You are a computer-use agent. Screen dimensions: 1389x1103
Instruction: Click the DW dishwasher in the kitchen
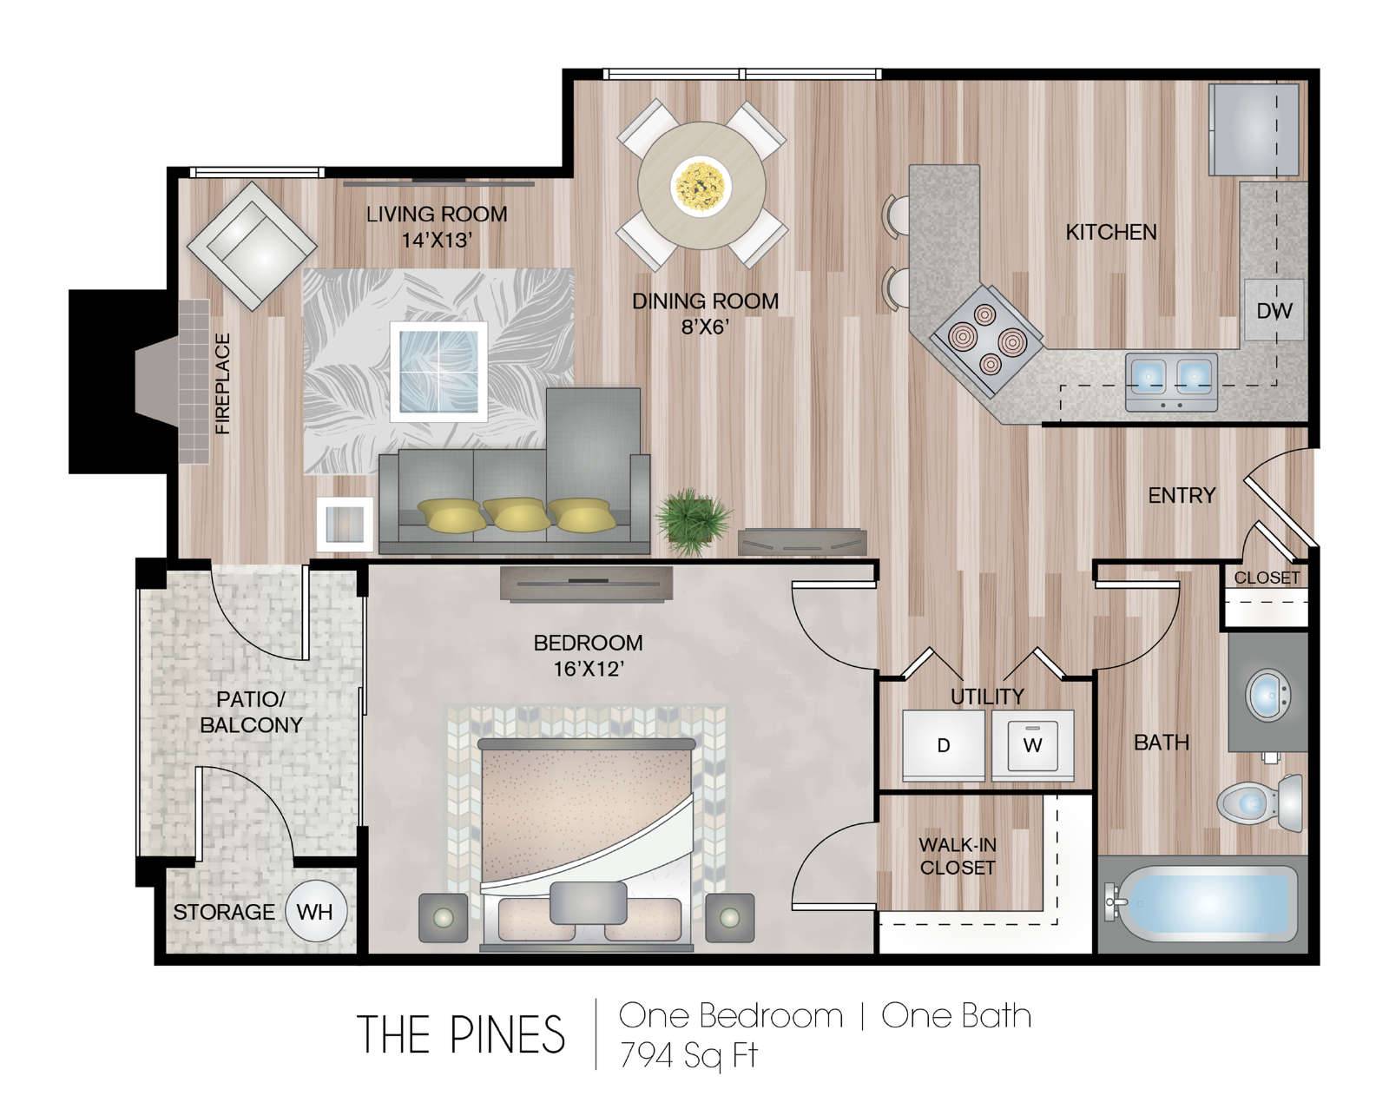(x=1274, y=310)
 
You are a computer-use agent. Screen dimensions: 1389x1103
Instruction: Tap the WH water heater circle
(x=316, y=911)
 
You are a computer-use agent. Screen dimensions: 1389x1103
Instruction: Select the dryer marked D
(x=943, y=745)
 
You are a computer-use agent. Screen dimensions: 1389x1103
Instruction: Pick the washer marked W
(x=1033, y=745)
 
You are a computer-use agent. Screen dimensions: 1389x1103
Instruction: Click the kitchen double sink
(x=1171, y=381)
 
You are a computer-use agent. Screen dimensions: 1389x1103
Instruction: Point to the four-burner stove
(x=987, y=340)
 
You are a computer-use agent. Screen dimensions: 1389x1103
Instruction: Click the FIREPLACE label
(x=223, y=384)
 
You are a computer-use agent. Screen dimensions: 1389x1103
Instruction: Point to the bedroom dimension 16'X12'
(x=588, y=669)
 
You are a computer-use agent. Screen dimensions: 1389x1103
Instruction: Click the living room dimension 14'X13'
(x=437, y=241)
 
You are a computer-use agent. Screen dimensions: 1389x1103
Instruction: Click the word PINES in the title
(x=507, y=1034)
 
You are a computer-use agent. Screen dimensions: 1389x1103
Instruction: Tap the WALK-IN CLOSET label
(x=958, y=855)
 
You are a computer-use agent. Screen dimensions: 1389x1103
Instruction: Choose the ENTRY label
(x=1182, y=495)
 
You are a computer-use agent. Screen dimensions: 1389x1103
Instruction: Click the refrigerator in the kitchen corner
(x=1254, y=129)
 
